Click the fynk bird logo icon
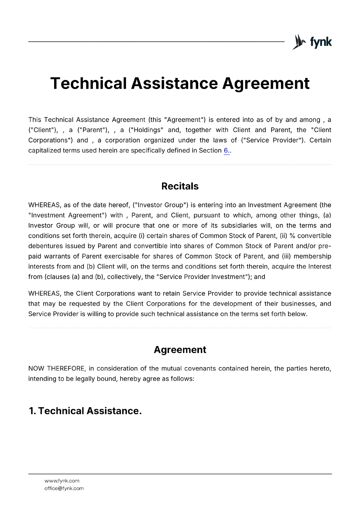(299, 42)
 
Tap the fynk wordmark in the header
(321, 42)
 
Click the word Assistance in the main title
(174, 83)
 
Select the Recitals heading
(180, 186)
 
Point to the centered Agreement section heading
(180, 350)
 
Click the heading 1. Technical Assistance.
(85, 411)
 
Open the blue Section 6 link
(226, 150)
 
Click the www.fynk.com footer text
(62, 481)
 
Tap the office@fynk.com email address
(64, 488)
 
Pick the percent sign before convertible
(292, 236)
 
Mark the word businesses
(296, 304)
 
